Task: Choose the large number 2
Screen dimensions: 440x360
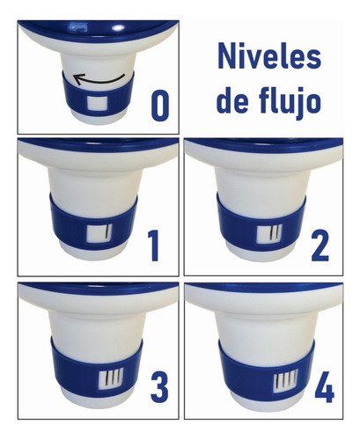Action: coord(320,245)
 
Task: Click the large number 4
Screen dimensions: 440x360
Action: coord(323,387)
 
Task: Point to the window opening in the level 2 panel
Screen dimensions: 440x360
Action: coord(269,233)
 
